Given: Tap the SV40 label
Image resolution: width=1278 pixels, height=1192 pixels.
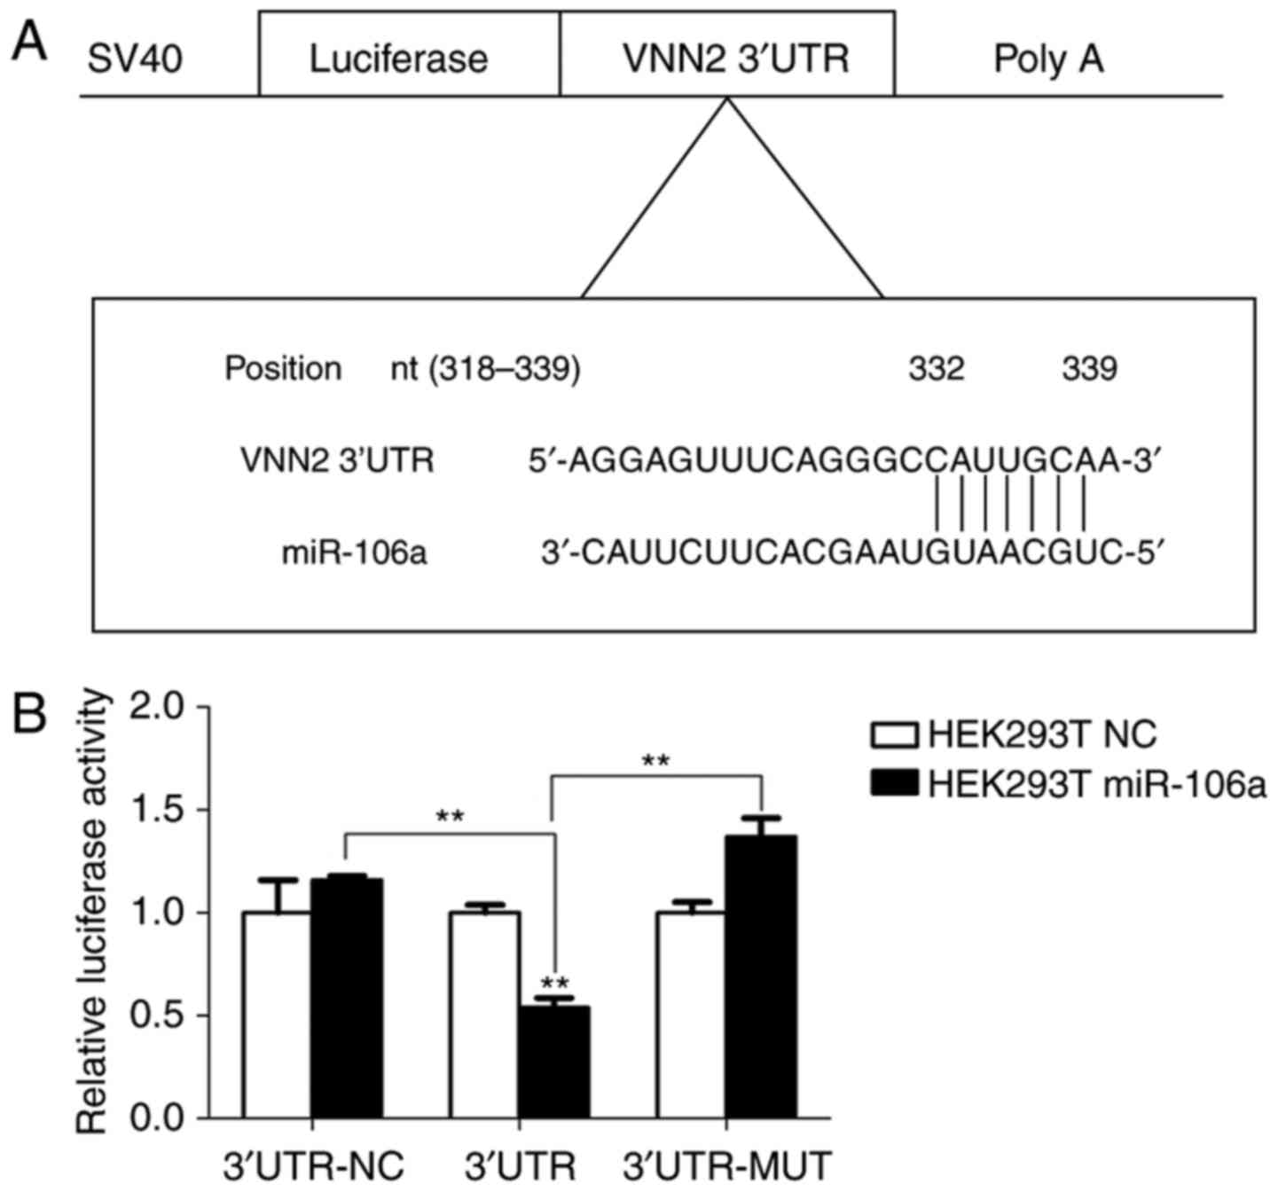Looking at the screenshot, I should pos(136,60).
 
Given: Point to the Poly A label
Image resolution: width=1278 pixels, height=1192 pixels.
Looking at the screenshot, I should pos(1048,60).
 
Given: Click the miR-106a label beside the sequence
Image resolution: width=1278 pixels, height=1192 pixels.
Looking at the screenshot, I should pos(354,554).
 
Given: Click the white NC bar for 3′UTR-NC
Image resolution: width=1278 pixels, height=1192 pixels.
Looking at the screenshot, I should pos(277,1015).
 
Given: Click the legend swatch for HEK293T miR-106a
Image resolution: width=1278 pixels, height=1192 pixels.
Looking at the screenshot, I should pos(895,784).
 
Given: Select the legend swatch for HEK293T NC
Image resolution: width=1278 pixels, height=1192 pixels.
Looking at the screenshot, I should pos(895,735).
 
